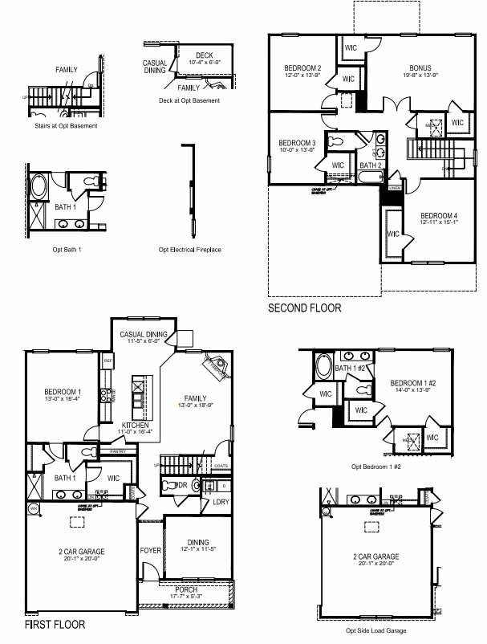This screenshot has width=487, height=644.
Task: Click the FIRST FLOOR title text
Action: (55, 624)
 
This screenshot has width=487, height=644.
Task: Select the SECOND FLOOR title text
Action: (304, 308)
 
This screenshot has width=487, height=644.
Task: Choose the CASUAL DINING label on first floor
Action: (144, 335)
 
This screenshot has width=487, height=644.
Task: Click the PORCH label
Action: (186, 589)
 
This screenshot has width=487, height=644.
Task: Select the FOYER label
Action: (151, 551)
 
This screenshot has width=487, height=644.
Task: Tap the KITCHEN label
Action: (135, 425)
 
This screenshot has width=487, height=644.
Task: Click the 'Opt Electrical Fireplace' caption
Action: (189, 250)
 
